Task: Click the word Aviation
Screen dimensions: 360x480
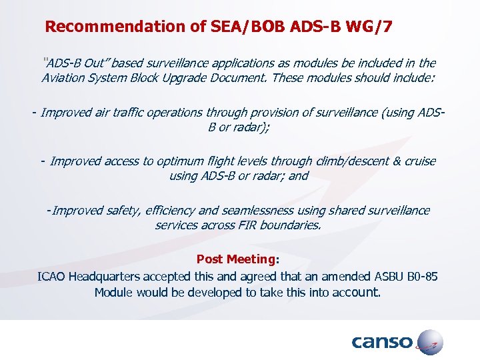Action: tap(64, 77)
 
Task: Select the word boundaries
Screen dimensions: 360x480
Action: tap(291, 225)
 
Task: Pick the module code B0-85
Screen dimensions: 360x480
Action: tap(420, 276)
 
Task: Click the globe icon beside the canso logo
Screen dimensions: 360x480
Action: tap(428, 341)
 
